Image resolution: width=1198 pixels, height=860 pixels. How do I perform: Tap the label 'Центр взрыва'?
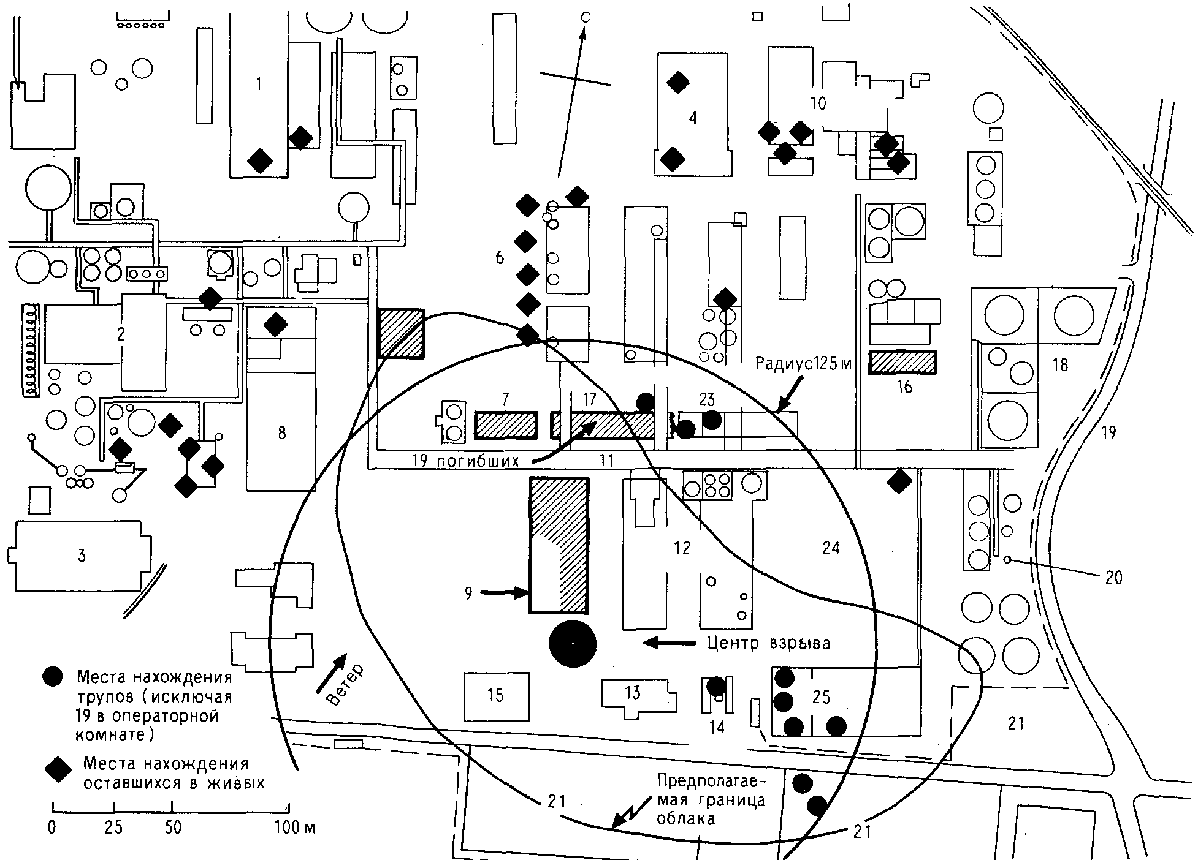[x=768, y=643]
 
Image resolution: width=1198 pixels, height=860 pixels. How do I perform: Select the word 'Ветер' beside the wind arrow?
[x=346, y=684]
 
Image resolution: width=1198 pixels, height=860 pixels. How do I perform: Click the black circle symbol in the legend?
[x=54, y=676]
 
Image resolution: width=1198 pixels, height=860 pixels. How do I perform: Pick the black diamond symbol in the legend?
[x=60, y=769]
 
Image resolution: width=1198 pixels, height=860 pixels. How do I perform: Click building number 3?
[x=82, y=556]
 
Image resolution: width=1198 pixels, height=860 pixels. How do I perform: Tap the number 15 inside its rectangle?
[x=495, y=695]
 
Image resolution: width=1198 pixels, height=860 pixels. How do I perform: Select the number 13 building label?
[x=632, y=692]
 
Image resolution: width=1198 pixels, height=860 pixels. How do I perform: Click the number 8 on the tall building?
[x=281, y=433]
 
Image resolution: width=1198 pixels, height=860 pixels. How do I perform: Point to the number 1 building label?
[x=259, y=84]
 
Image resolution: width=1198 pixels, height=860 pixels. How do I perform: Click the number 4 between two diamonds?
[x=693, y=118]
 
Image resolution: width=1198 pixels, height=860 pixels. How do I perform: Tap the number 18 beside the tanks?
[x=1060, y=364]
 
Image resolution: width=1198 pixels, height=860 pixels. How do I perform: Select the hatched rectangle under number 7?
[x=506, y=425]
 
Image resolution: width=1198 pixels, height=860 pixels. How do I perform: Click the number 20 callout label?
[x=1113, y=577]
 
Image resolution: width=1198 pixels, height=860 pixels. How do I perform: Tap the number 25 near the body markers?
[x=821, y=696]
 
